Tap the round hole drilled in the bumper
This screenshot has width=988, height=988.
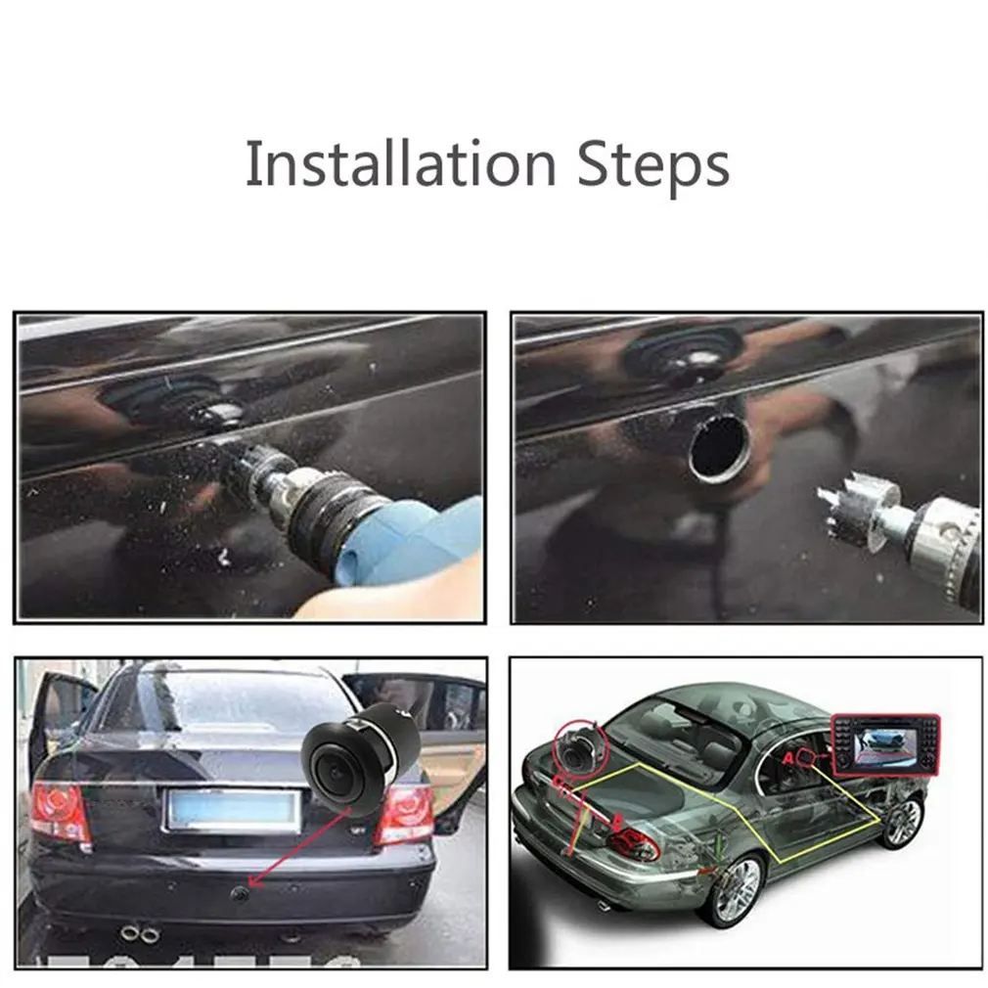point(720,447)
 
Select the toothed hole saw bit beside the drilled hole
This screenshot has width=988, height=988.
point(849,512)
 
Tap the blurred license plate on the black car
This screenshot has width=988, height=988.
point(233,810)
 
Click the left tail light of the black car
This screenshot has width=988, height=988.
point(61,813)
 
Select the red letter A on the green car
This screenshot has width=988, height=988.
point(788,757)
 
